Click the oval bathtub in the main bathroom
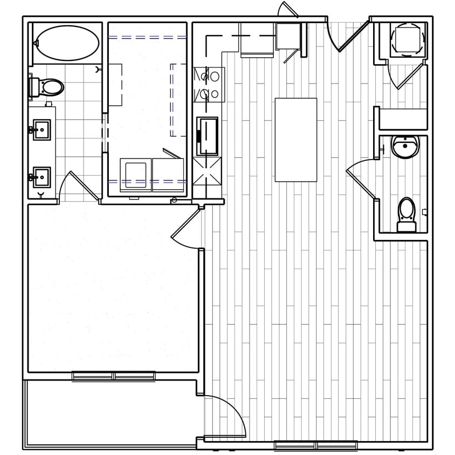67,43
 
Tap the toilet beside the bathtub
49,87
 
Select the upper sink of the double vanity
42,130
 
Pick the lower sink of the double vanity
42,177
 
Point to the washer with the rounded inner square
135,175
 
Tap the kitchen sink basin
208,136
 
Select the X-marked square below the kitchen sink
207,171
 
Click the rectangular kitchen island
296,140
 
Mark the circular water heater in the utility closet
407,39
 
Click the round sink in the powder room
405,146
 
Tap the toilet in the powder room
406,215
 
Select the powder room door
360,183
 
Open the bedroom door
186,230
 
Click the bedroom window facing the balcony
114,376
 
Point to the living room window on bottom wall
315,445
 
